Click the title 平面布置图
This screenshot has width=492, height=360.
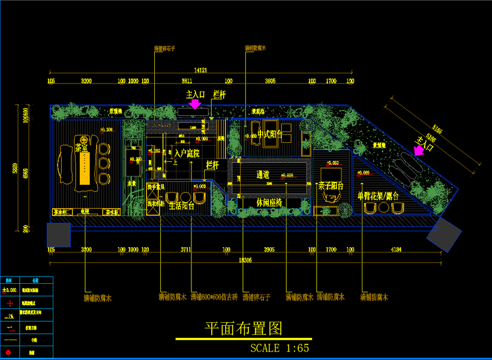coord(243,329)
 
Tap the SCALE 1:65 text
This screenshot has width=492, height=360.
coord(280,347)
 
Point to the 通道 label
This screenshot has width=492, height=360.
coord(263,175)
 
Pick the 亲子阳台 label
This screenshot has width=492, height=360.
coord(331,187)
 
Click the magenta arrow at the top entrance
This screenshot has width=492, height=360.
coord(194,104)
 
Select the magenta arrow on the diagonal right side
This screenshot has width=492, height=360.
coord(418,151)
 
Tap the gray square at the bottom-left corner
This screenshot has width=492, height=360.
coord(59,235)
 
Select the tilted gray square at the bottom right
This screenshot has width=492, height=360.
coord(444,235)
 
